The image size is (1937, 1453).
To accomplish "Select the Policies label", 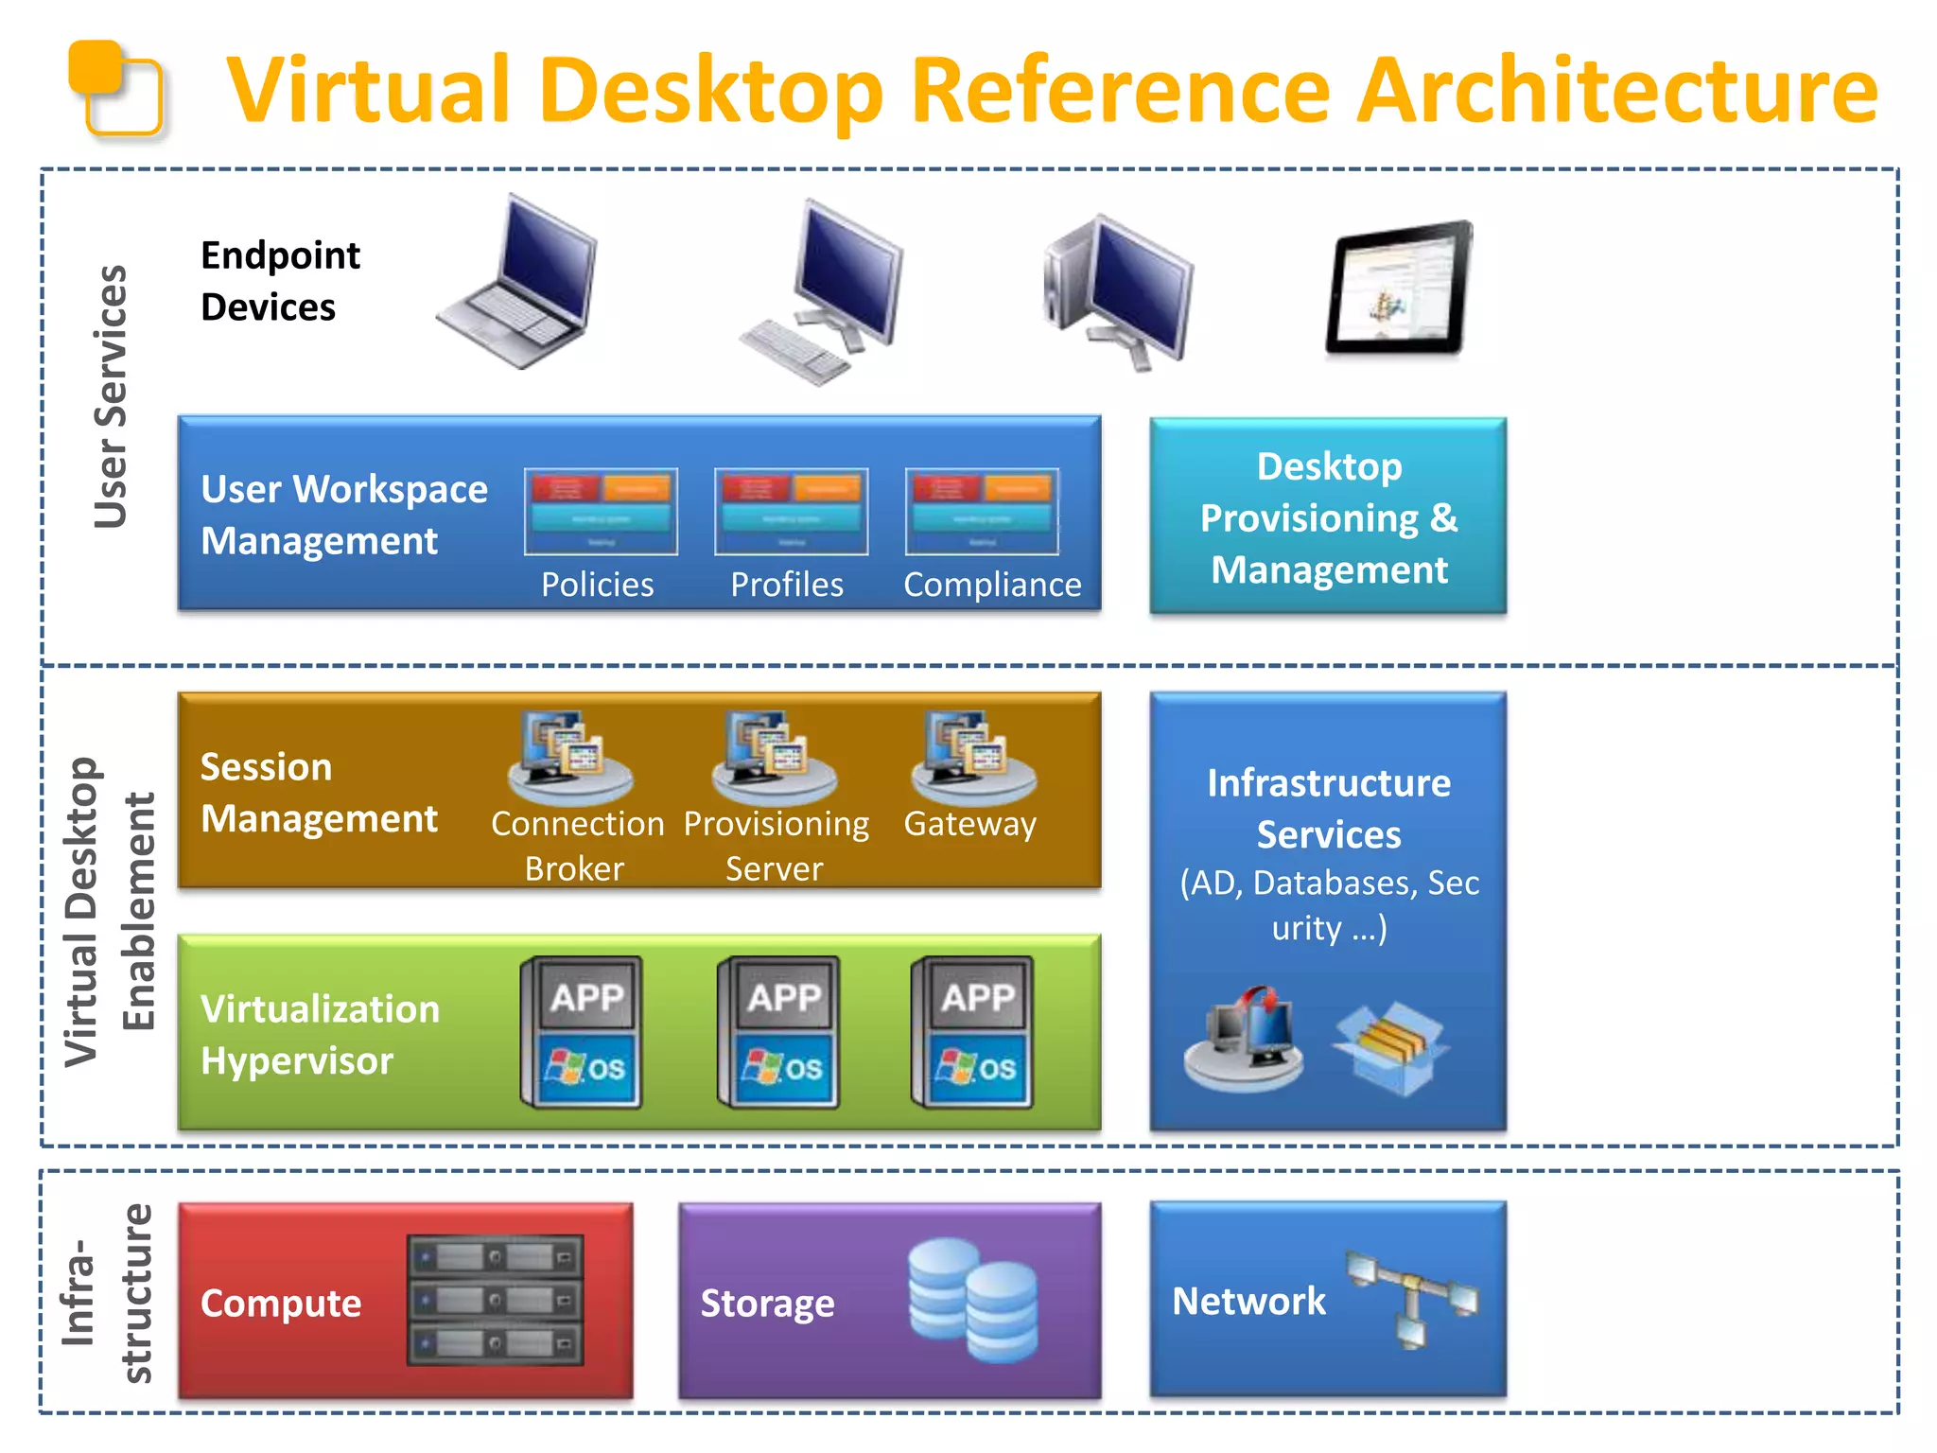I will (597, 585).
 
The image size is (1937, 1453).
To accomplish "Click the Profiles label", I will (787, 585).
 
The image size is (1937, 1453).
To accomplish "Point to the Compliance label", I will (992, 585).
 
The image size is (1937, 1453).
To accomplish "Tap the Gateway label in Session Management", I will (969, 824).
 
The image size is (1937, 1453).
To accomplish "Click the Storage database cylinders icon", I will (972, 1300).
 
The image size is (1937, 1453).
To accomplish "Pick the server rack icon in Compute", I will (495, 1300).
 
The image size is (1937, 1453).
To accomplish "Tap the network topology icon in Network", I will (1412, 1297).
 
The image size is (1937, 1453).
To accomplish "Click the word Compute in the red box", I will (281, 1304).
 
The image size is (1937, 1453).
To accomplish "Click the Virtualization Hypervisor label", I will (320, 1035).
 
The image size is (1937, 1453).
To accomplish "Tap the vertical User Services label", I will (111, 396).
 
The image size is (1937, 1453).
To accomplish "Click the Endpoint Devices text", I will (280, 281).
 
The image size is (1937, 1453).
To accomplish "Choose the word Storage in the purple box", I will (767, 1304).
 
